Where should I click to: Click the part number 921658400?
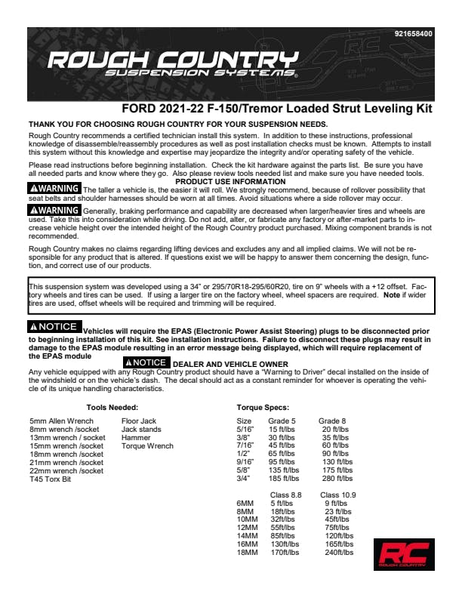coord(414,34)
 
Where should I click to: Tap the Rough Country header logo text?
coord(171,63)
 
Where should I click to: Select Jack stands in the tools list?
coord(140,429)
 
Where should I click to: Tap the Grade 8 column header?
coord(333,421)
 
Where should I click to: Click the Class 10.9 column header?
coord(337,494)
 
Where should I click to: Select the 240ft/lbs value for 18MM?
coord(339,553)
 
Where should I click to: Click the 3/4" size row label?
coord(244,479)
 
